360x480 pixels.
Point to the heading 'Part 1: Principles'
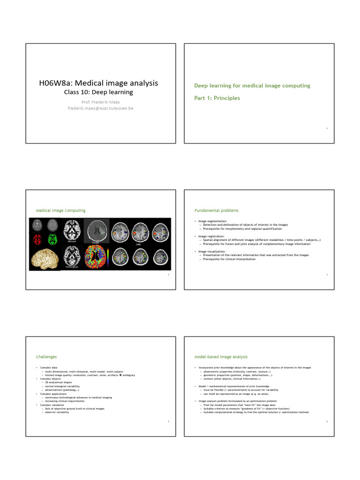click(x=217, y=98)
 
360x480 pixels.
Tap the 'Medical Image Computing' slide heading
click(x=60, y=210)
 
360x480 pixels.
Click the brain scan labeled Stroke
click(x=97, y=231)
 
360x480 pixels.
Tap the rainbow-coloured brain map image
click(x=97, y=257)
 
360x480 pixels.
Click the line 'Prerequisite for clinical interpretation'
click(x=230, y=259)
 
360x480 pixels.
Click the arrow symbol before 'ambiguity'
click(x=120, y=375)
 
